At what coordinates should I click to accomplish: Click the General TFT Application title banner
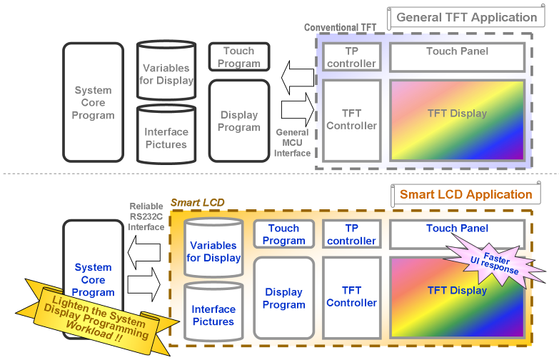click(x=466, y=17)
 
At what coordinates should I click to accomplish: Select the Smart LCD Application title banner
click(x=465, y=194)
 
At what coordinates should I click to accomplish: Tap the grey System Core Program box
click(x=94, y=102)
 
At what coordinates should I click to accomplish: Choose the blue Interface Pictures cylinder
click(x=213, y=315)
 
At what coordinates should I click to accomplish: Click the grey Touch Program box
click(x=238, y=57)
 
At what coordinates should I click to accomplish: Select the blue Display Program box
click(x=283, y=298)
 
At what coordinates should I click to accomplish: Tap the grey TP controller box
click(x=351, y=57)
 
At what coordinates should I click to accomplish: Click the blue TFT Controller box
click(x=351, y=296)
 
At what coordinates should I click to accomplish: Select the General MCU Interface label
click(x=292, y=143)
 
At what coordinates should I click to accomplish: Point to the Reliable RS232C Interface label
click(x=146, y=216)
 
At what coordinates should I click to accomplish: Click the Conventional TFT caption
click(x=341, y=28)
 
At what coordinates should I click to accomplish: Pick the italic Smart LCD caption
click(x=197, y=203)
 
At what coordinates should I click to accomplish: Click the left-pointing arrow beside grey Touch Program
click(x=296, y=77)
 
